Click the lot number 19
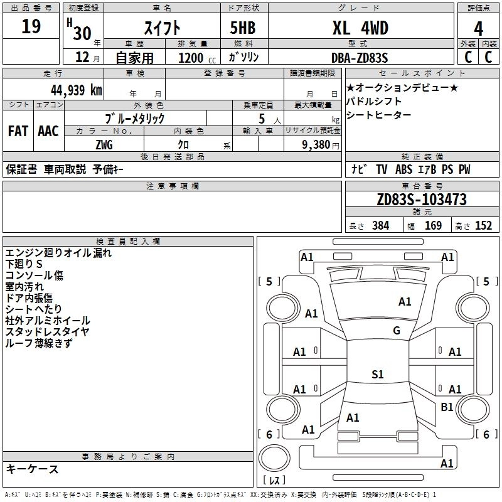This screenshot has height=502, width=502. (31, 26)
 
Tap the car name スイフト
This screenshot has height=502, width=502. (162, 28)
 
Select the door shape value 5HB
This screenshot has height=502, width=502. (243, 28)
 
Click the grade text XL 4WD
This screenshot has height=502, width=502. (360, 28)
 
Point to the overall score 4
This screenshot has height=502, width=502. (478, 29)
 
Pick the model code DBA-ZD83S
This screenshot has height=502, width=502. (360, 58)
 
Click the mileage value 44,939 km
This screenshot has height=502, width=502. (77, 90)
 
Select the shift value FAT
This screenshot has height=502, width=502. (18, 131)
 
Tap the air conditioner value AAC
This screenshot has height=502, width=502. (48, 131)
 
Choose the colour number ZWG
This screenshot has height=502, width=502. (104, 145)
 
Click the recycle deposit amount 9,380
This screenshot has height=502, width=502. (316, 145)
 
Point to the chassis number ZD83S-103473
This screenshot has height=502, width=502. (422, 200)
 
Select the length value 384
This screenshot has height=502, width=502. (381, 226)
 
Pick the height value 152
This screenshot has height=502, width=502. (483, 226)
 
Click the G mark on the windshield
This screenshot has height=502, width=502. (397, 331)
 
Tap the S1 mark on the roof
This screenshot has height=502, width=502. (378, 374)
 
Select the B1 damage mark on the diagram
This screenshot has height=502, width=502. (447, 407)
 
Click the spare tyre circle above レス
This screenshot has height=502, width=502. (274, 458)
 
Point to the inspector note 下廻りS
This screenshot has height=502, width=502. (24, 264)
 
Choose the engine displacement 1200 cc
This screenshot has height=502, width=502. (197, 58)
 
